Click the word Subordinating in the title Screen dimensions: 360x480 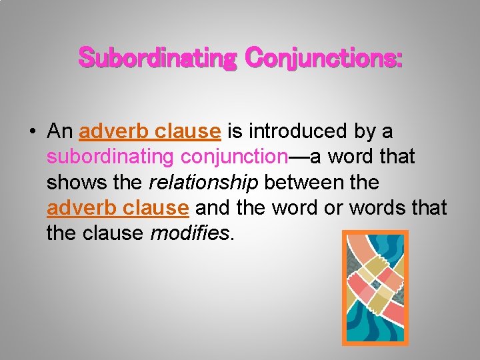(157, 58)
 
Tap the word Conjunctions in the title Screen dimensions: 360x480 (324, 58)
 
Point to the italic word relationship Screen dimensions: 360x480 (203, 182)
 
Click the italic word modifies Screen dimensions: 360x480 (193, 233)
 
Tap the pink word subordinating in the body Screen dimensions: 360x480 (108, 157)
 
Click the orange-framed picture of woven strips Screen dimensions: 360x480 (375, 287)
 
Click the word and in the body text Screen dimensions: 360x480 (212, 207)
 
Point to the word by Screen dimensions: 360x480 (365, 132)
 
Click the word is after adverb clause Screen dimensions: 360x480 (235, 131)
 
